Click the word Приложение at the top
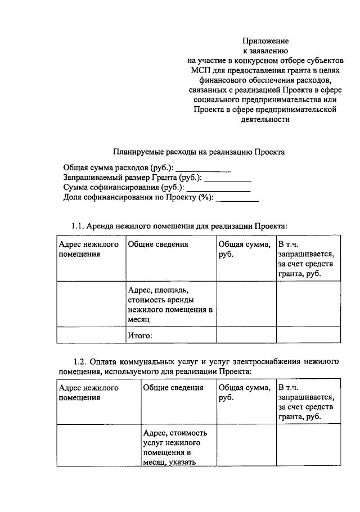click(x=265, y=41)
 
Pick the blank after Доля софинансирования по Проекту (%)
click(x=237, y=198)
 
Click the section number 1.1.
click(x=78, y=225)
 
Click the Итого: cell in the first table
click(x=140, y=336)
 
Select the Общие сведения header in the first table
click(x=157, y=244)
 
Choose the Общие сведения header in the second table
click(x=173, y=388)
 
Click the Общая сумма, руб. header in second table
click(x=244, y=392)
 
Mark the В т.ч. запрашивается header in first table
click(x=307, y=259)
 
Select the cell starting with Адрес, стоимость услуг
click(x=175, y=447)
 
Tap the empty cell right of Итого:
click(x=246, y=336)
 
